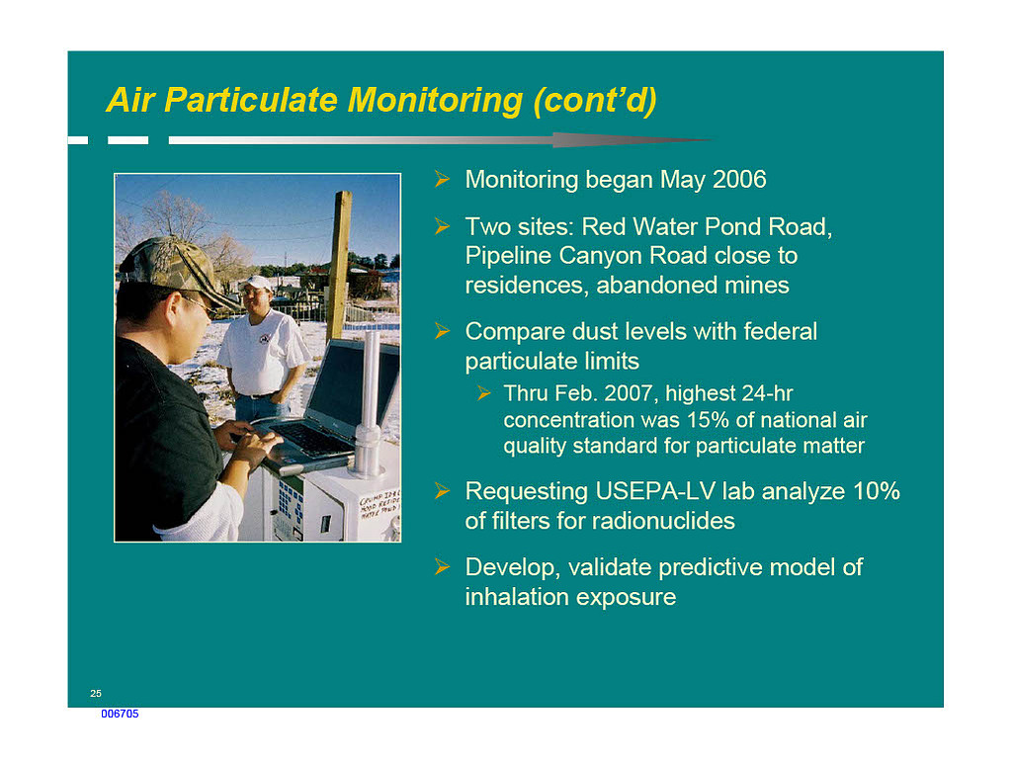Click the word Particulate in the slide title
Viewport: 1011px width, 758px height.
click(x=251, y=101)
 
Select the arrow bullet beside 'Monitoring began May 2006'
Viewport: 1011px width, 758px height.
click(x=443, y=179)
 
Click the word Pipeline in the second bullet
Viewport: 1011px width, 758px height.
click(x=508, y=256)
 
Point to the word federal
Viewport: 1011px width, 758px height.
click(x=780, y=331)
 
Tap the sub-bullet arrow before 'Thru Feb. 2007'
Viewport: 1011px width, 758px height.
click(x=484, y=393)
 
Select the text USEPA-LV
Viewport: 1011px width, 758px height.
click(x=655, y=491)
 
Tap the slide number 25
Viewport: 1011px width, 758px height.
click(x=96, y=694)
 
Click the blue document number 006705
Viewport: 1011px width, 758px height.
click(x=120, y=714)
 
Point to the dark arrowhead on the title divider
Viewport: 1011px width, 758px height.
click(x=632, y=140)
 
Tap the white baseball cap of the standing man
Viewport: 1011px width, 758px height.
click(x=256, y=283)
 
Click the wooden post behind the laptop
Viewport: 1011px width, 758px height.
click(x=339, y=264)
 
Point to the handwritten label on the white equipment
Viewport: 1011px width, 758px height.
click(x=380, y=507)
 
